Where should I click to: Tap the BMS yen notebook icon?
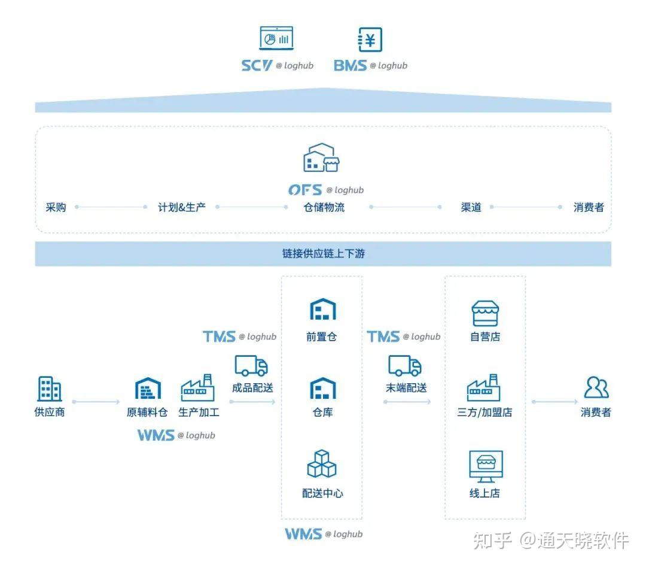coord(370,40)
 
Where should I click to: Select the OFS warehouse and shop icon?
coord(321,158)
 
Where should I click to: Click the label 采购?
coord(56,208)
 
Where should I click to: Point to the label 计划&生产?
coord(181,208)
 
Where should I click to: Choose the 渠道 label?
coord(471,208)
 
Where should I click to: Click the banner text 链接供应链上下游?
coord(323,254)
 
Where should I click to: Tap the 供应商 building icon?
coord(49,389)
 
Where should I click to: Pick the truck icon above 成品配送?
coord(251,366)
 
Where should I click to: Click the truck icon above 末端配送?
coord(405,366)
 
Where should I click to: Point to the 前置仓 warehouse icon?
coord(322,310)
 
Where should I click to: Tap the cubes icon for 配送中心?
coord(322,463)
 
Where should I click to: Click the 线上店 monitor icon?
coord(485,466)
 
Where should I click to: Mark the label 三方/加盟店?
coord(484,413)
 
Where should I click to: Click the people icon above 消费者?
coord(596,388)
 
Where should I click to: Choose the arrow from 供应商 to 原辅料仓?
coord(96,402)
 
